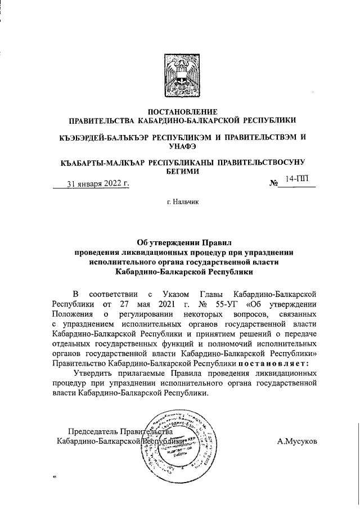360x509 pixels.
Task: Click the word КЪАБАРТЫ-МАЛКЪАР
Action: tap(102, 163)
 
